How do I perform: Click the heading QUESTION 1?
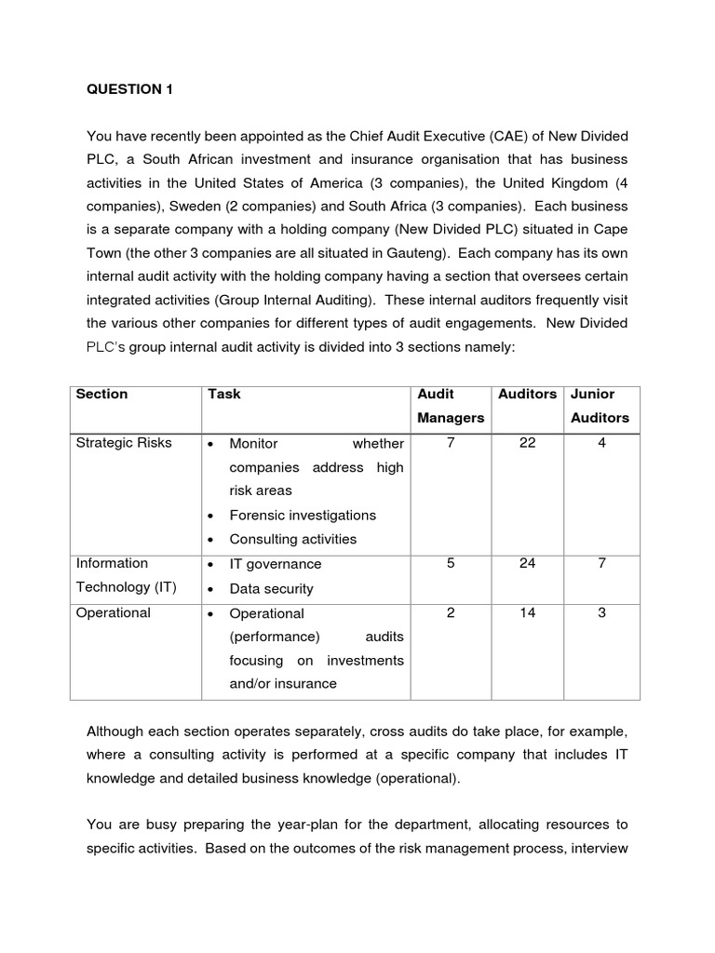point(129,89)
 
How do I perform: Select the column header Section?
point(101,394)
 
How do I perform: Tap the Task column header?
point(224,394)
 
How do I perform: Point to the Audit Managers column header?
point(451,406)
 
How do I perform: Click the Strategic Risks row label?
point(124,443)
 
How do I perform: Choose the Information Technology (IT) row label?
point(126,575)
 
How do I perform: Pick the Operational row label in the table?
point(113,613)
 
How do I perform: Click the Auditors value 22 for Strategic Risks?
point(527,443)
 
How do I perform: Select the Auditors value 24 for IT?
point(527,564)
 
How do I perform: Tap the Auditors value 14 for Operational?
point(527,613)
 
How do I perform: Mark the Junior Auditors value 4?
point(601,443)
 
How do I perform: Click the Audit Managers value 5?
point(451,564)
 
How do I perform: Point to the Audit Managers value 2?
point(451,613)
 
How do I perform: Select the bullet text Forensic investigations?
point(303,516)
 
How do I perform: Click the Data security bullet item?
point(271,589)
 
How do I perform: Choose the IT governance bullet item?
point(275,564)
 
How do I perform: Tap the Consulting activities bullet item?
point(292,540)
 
